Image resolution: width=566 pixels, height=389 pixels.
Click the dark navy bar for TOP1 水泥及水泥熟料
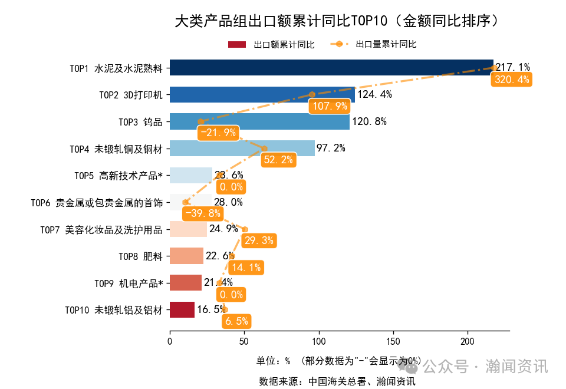point(330,68)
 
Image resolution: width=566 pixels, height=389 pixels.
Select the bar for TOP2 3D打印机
point(262,94)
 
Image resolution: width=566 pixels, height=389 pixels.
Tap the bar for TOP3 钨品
point(259,121)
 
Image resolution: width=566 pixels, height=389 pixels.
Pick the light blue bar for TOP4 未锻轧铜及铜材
point(242,148)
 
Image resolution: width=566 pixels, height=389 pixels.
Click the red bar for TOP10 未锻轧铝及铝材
point(182,309)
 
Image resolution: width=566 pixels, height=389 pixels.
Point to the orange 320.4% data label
point(512,80)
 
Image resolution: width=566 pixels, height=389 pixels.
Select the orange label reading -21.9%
point(218,133)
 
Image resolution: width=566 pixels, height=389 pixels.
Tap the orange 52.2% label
point(278,160)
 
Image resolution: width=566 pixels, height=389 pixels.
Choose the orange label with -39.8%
point(203,213)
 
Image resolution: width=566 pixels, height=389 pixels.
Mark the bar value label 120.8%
point(369,122)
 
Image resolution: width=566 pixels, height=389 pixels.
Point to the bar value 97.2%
point(331,149)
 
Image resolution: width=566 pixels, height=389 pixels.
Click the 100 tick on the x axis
point(318,341)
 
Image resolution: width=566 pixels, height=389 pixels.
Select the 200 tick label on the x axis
point(468,341)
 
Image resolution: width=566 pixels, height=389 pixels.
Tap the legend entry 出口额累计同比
point(271,44)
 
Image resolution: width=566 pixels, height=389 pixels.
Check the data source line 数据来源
point(337,381)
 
